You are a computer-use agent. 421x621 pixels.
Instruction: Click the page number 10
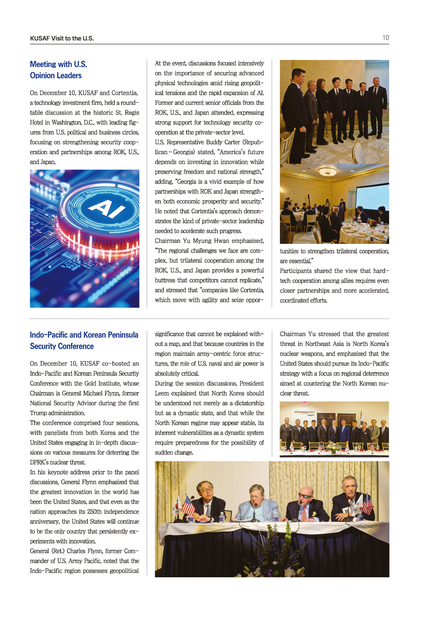[386, 38]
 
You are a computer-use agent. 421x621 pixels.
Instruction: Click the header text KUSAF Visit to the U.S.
[62, 38]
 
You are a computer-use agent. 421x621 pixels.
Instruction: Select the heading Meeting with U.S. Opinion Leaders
[58, 70]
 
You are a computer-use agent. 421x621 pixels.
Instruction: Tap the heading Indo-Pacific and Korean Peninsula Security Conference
[84, 340]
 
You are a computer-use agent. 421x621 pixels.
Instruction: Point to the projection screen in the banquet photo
[372, 197]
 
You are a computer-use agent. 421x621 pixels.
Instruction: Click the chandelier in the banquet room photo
[328, 171]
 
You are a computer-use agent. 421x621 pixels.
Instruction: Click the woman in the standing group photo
[321, 106]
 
